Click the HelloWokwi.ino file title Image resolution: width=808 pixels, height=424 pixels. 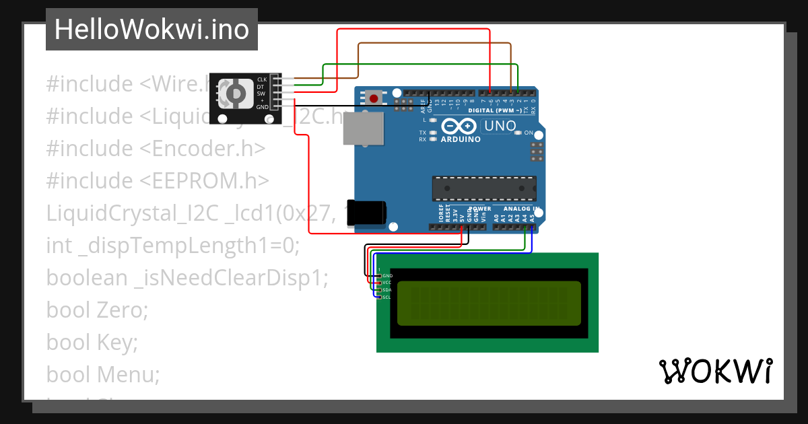[x=151, y=30]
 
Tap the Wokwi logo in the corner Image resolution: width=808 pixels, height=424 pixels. [x=715, y=371]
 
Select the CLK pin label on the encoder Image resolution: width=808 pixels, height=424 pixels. [x=262, y=79]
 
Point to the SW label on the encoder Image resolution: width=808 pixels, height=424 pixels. [x=261, y=94]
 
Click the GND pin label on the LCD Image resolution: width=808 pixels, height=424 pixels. [x=387, y=276]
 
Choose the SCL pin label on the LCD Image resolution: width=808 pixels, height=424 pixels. [x=387, y=297]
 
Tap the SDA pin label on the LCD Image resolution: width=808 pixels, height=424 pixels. [x=387, y=290]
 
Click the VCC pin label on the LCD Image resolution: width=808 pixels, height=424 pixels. [x=387, y=283]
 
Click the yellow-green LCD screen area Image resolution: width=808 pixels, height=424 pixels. [x=489, y=302]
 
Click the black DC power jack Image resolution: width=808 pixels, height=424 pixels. [x=366, y=211]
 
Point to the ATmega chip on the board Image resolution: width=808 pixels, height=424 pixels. [x=484, y=189]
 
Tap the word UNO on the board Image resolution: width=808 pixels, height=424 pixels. [x=500, y=126]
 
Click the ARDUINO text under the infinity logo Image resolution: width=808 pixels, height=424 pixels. [x=461, y=140]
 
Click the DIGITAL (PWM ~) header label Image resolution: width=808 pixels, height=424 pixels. [x=494, y=110]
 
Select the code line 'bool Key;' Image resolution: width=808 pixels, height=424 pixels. [x=92, y=343]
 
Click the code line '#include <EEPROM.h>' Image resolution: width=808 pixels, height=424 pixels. [x=158, y=181]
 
